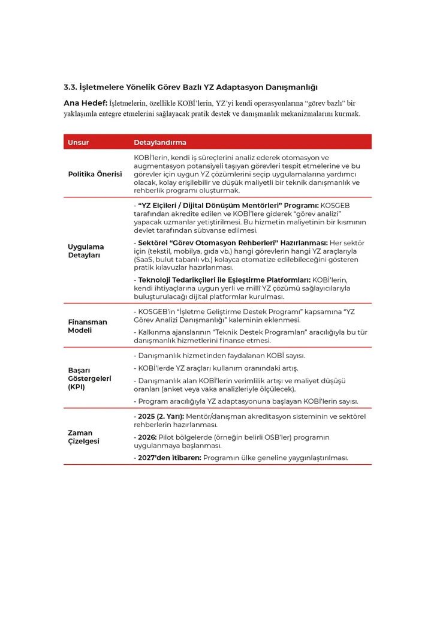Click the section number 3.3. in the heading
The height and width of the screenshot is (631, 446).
pyautogui.click(x=71, y=88)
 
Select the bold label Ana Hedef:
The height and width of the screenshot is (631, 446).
pyautogui.click(x=85, y=103)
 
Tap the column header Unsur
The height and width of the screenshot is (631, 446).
pyautogui.click(x=79, y=143)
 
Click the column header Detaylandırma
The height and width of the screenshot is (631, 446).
pyautogui.click(x=159, y=143)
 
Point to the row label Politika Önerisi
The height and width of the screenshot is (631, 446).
pyautogui.click(x=95, y=174)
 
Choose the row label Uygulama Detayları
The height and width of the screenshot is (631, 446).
pyautogui.click(x=86, y=251)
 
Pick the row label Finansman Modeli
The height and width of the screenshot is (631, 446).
pyautogui.click(x=88, y=326)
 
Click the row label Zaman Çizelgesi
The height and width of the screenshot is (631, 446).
pyautogui.click(x=83, y=437)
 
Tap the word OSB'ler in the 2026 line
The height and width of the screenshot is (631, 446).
pyautogui.click(x=292, y=437)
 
